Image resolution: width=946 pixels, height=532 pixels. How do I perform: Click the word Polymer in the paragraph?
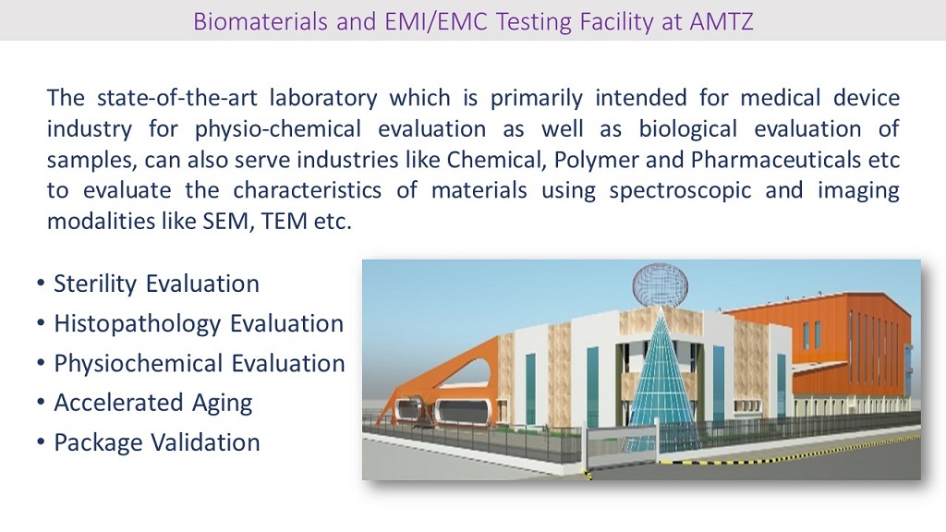(x=595, y=160)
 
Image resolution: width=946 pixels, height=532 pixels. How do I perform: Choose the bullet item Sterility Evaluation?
(x=156, y=284)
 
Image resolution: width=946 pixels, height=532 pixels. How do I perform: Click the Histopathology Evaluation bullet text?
(x=199, y=323)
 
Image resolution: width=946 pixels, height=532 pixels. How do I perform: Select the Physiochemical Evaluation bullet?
(x=199, y=363)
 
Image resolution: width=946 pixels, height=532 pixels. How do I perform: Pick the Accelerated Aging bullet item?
(x=152, y=403)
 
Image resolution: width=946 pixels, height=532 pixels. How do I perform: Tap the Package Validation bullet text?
(x=156, y=442)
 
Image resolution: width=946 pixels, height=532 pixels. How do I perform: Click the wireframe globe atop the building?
(x=660, y=284)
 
